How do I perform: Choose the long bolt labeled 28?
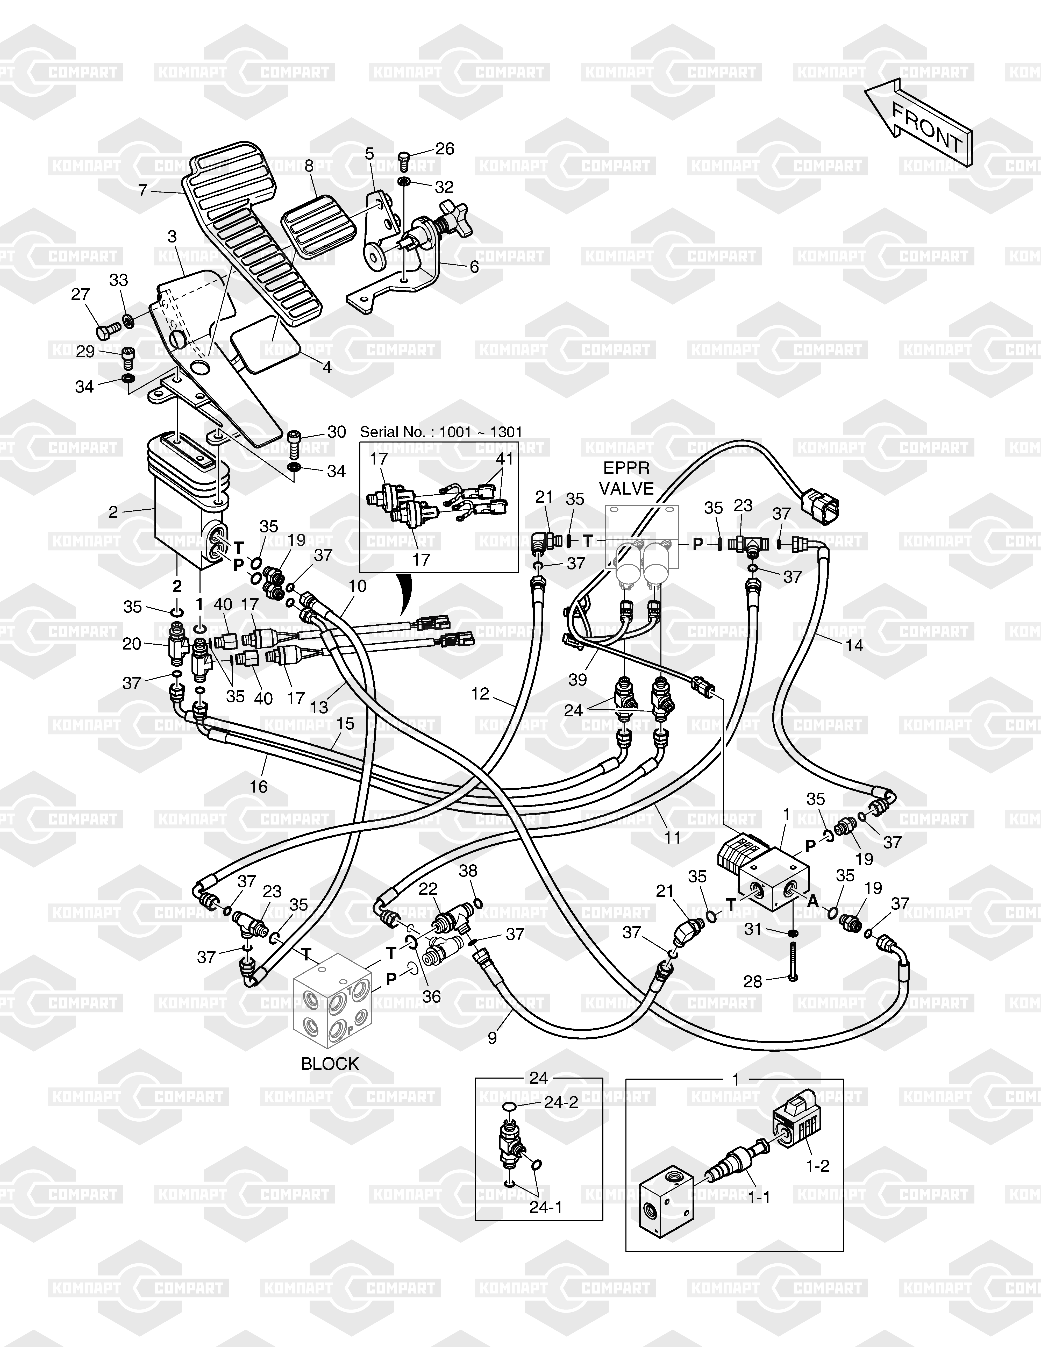pos(793,959)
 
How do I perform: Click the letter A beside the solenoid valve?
pos(814,901)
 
